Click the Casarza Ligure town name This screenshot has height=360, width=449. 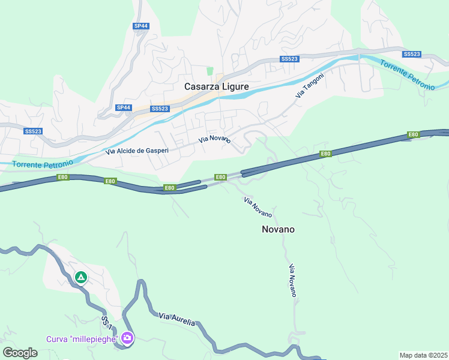pos(216,86)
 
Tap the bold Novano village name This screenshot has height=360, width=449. pos(278,229)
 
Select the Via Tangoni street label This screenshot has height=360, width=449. pos(310,86)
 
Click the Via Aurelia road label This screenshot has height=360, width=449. pos(177,319)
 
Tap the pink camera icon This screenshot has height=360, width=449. pos(127,338)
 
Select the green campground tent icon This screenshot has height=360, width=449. pos(81,277)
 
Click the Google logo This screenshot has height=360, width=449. pos(20,353)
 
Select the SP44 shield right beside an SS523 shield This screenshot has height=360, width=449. pos(124,107)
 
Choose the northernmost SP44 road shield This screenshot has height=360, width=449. pos(140,26)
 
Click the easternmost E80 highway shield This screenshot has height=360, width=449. pos(412,134)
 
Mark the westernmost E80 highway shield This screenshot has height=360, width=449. pos(62,177)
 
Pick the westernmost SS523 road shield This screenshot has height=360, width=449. pos(32,131)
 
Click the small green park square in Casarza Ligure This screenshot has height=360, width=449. pos(210,71)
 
